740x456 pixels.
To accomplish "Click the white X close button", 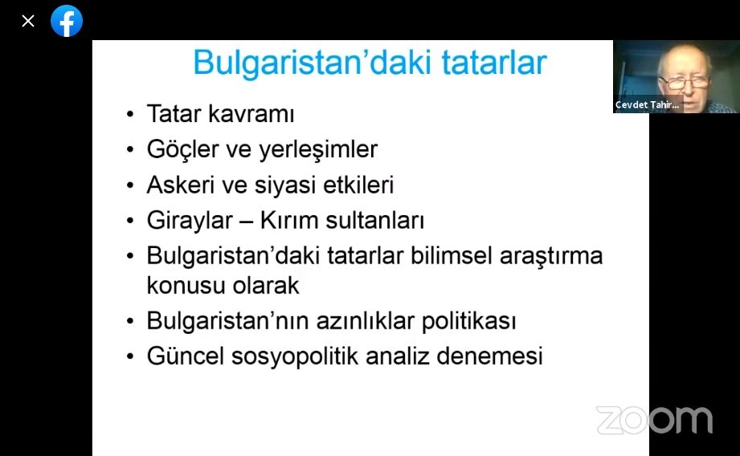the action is (x=28, y=21).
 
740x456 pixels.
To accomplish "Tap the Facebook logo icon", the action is (x=67, y=21).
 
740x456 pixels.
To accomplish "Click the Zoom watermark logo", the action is (x=655, y=420).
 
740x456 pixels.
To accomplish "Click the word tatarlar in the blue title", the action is (x=494, y=63).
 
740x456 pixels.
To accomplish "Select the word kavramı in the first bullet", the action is (x=251, y=114).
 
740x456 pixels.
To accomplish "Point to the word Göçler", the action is (x=182, y=150).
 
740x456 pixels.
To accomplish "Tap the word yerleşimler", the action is (x=318, y=150).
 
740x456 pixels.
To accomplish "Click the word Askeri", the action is (x=181, y=185).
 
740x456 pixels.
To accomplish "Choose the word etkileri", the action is (x=358, y=185).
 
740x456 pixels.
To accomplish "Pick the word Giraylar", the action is (x=190, y=221).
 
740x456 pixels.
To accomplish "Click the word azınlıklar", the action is (x=366, y=321).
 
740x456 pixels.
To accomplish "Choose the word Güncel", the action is (x=185, y=356).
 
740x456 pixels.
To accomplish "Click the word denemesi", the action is (x=489, y=356).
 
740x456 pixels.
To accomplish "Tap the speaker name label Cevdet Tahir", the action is (x=647, y=104).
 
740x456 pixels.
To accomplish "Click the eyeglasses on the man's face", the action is (x=685, y=83).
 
